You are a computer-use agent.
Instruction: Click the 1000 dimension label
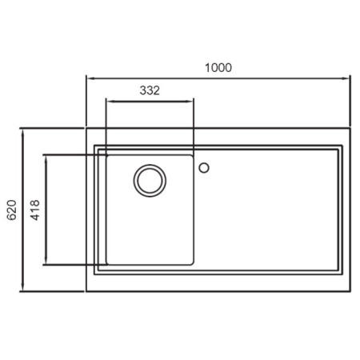218,68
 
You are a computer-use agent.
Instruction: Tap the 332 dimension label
150,90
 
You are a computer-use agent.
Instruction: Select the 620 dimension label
12,210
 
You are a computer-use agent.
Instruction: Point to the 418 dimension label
35,210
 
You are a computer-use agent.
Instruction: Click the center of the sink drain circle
150,181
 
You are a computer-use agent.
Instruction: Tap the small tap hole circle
204,168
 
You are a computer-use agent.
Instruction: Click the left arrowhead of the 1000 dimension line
90,78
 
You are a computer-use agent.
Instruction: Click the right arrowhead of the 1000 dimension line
346,78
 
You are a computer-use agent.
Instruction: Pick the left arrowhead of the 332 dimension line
110,102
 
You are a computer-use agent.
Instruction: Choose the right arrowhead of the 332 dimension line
190,102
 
